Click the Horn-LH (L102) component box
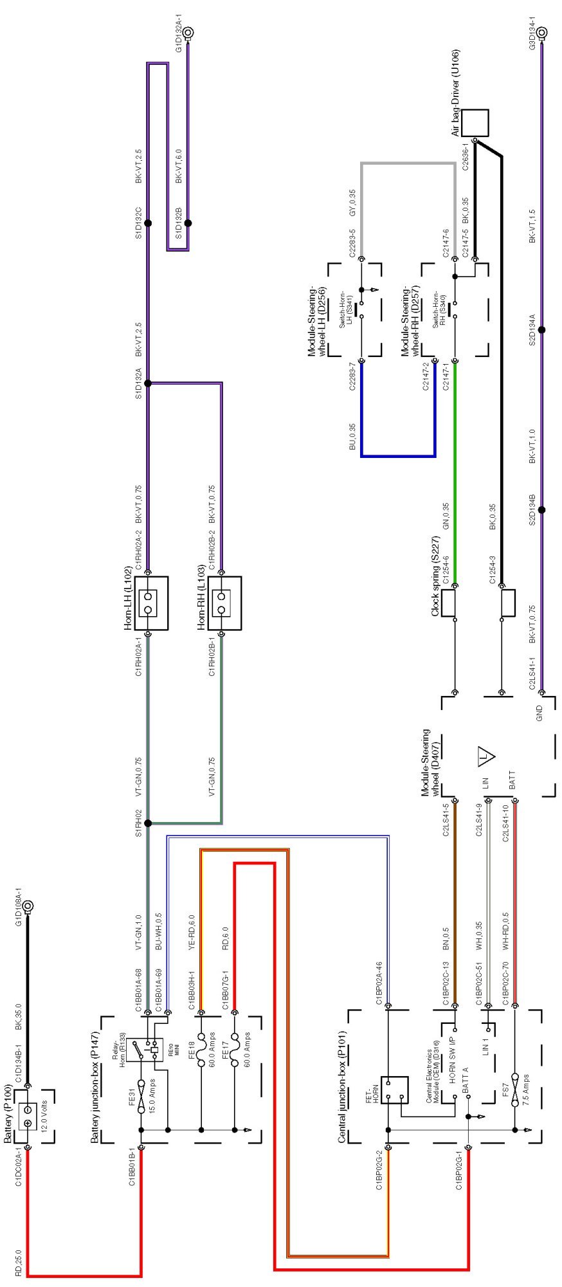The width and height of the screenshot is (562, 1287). (x=152, y=603)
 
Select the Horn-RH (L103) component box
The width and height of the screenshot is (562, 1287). (x=225, y=603)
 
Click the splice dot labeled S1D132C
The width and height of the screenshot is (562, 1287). (x=147, y=223)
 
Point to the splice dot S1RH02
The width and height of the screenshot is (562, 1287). (x=148, y=823)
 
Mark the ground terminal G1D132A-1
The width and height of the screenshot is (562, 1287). (x=190, y=32)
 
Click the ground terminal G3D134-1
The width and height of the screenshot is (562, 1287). (x=542, y=32)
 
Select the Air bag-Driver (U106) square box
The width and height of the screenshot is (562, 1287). (x=475, y=122)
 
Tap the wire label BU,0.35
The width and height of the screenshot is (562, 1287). (x=352, y=437)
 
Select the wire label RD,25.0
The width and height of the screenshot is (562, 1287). (x=18, y=1262)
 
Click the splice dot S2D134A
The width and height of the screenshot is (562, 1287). (x=541, y=330)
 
